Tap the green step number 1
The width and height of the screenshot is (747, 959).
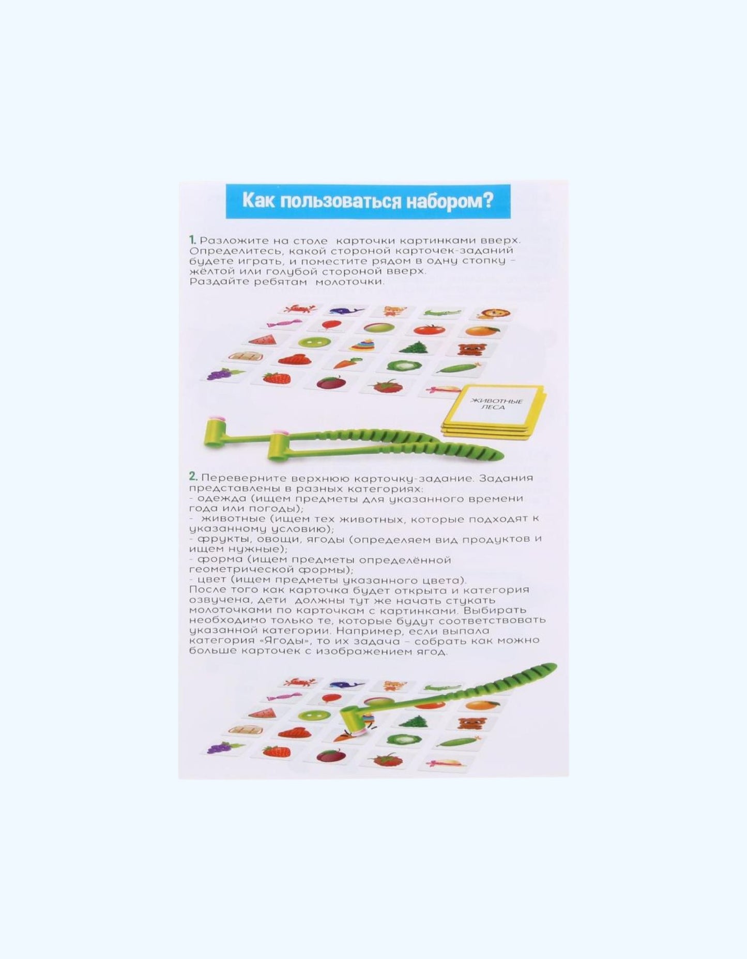click(192, 240)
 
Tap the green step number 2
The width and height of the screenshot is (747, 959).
click(193, 478)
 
